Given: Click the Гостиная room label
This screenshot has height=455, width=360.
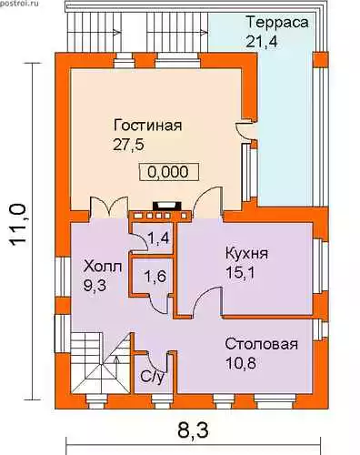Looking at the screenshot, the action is point(147,125).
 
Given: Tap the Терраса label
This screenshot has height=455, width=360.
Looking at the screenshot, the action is point(277,22).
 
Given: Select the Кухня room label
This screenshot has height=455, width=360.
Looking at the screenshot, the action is point(246,253).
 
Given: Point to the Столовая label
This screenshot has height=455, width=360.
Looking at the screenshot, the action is point(261,344).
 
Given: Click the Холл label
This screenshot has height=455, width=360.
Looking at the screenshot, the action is point(103,267).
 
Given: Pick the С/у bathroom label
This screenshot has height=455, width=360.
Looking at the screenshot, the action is point(153,377).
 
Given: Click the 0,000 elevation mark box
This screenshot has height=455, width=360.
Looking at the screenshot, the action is point(168,172).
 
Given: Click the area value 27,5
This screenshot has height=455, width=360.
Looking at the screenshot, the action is point(128,145).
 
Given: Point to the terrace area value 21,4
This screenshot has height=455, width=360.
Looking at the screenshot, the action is point(261,41).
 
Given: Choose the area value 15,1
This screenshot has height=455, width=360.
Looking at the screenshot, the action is point(240,273).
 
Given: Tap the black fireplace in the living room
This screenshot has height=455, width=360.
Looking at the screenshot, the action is point(166,206).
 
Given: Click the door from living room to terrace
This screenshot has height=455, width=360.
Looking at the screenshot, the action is point(246,131).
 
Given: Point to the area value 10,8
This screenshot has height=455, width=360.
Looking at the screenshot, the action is point(241,363).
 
